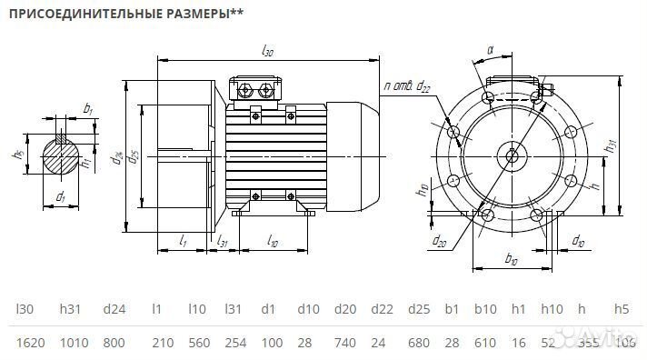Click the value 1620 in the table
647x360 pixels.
coord(29,343)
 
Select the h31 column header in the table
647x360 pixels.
coord(71,309)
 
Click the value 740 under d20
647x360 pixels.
coord(345,343)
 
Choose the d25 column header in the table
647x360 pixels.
coord(419,309)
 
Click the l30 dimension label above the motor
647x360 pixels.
coord(267,52)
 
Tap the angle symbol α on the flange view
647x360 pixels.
coord(489,51)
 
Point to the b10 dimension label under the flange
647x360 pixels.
coord(511,261)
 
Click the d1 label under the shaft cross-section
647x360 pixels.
coord(60,195)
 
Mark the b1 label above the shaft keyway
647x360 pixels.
coord(87,109)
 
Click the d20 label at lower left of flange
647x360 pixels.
coord(440,241)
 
